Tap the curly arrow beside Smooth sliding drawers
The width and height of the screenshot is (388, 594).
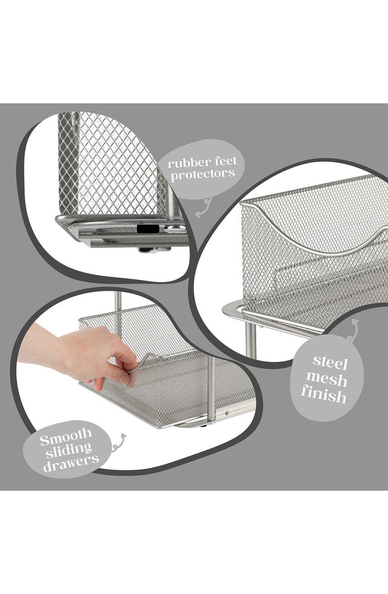pos(118,443)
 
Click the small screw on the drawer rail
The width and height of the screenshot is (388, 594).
pos(227,412)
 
